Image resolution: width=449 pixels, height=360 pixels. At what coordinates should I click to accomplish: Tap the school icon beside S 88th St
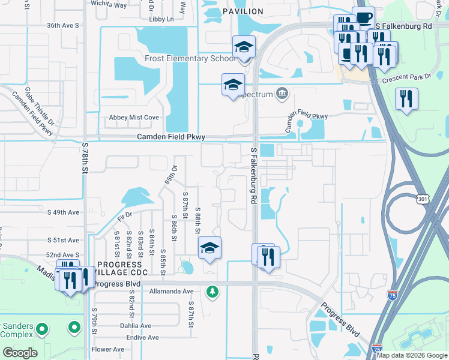tap(209, 248)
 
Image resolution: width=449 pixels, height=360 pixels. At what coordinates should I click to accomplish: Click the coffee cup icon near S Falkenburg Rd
tap(364, 19)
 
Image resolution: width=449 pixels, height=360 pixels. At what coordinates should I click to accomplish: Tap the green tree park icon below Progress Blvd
tap(211, 292)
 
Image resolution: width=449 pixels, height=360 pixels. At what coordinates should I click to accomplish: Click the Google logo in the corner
tap(19, 353)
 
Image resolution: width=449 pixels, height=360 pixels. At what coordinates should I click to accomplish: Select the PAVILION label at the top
tap(243, 11)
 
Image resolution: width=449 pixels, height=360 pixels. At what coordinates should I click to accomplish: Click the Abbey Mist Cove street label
tap(133, 118)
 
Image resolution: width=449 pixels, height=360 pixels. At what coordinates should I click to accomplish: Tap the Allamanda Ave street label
tap(171, 292)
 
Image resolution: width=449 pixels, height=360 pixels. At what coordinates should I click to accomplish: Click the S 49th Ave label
tap(63, 212)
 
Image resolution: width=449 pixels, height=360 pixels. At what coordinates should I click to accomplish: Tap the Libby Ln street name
tap(161, 19)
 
